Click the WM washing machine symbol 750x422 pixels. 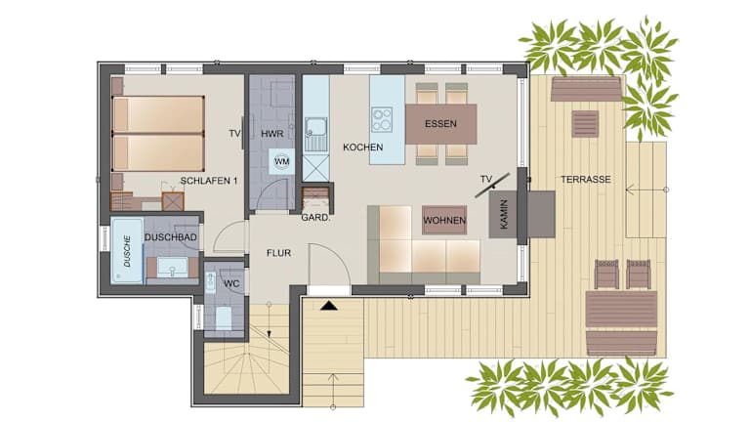[x=281, y=162]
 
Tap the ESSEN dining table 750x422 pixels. [x=441, y=124]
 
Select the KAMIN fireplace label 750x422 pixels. [x=504, y=214]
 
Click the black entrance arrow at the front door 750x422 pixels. [x=328, y=305]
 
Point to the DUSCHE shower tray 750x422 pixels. [x=127, y=250]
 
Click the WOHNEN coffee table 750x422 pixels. [x=444, y=220]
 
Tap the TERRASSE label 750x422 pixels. [x=586, y=180]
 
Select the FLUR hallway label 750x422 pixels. [x=279, y=253]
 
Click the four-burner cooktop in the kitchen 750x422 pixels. [x=382, y=119]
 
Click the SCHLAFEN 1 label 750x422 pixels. [x=209, y=181]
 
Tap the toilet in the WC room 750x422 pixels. [x=224, y=317]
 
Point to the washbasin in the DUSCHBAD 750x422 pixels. [x=173, y=268]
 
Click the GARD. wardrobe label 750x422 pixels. [x=315, y=218]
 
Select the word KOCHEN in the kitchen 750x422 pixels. [x=363, y=148]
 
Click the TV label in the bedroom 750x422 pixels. [x=234, y=134]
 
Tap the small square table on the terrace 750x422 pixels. [x=585, y=124]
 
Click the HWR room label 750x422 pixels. [x=272, y=134]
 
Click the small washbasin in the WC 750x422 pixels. [x=211, y=281]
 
